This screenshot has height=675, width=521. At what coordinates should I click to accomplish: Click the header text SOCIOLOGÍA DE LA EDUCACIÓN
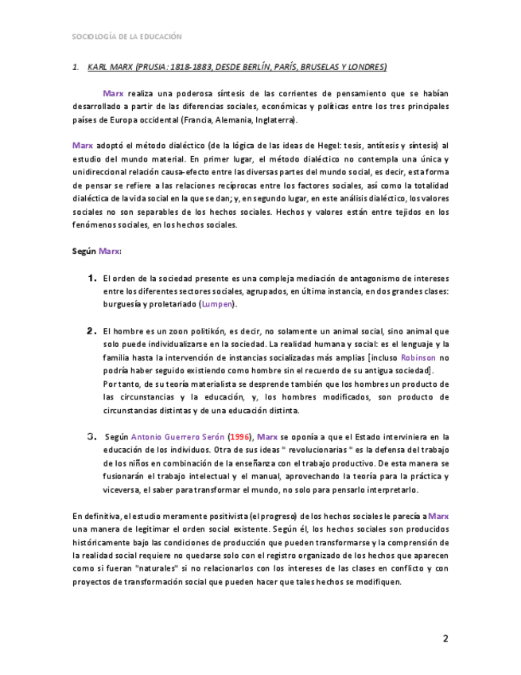click(126, 37)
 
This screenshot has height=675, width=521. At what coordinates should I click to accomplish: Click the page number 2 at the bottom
click(445, 638)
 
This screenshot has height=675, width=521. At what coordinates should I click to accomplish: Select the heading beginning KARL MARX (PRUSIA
click(236, 67)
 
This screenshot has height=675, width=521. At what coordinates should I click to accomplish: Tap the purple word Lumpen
click(216, 304)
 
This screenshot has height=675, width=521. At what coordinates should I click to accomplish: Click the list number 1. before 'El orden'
click(92, 279)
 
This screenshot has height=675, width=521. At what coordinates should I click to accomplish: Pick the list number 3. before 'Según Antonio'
click(91, 437)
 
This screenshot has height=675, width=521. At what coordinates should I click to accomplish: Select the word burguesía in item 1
click(122, 304)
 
